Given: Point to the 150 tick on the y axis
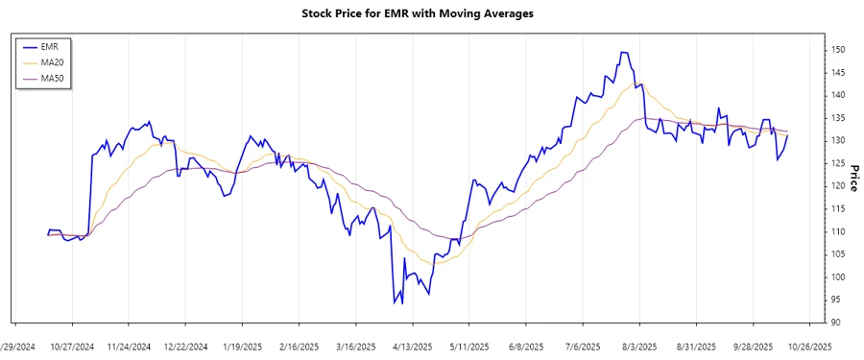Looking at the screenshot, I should point(837,50).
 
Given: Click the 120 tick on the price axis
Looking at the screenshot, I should point(837,186).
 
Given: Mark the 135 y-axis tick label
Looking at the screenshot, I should point(837,118).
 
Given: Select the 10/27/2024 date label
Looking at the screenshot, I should point(72,347).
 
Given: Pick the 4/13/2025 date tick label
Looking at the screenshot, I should point(412,347).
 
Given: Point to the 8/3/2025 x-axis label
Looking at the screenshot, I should point(638,347).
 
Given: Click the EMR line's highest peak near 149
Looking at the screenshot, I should point(623,53).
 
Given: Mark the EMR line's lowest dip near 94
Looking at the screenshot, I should point(395,303).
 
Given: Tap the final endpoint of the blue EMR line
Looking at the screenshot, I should point(788,135).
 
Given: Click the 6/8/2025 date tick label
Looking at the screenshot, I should point(525,347).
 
